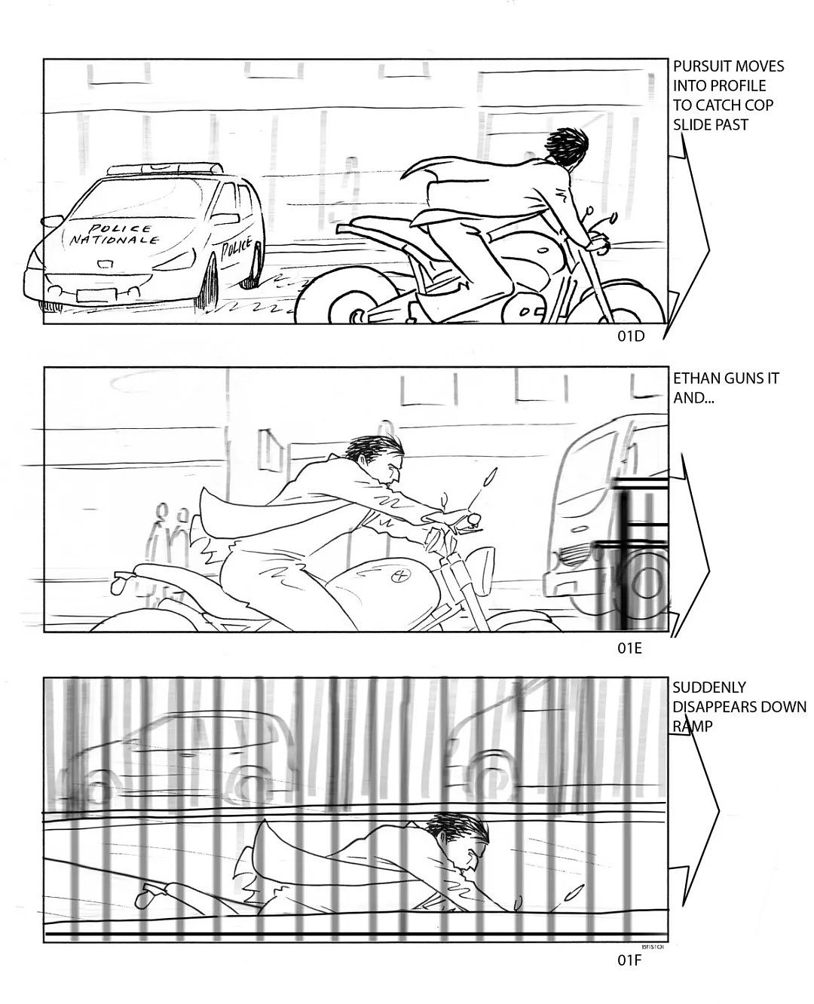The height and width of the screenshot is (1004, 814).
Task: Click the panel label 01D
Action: pos(631,337)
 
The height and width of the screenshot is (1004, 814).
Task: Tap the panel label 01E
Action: pos(629,648)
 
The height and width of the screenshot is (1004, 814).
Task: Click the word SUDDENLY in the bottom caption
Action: pos(709,687)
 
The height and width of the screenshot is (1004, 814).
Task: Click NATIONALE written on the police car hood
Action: pos(114,240)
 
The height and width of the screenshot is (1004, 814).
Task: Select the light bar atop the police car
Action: pos(164,169)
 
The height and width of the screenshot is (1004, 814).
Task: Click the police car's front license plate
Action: pos(96,296)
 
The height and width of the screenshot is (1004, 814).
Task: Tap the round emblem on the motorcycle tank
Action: pos(402,575)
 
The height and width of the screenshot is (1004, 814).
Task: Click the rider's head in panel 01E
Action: pos(377,458)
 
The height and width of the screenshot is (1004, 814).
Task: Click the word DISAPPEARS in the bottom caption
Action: pos(716,707)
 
